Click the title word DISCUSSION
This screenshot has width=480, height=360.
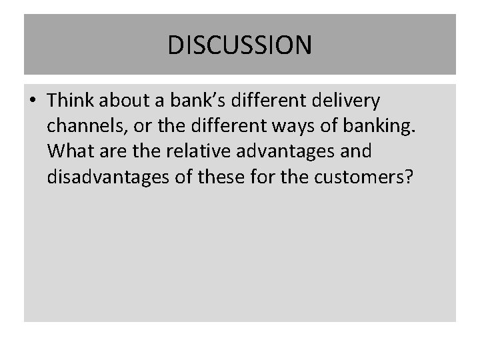(x=239, y=45)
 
